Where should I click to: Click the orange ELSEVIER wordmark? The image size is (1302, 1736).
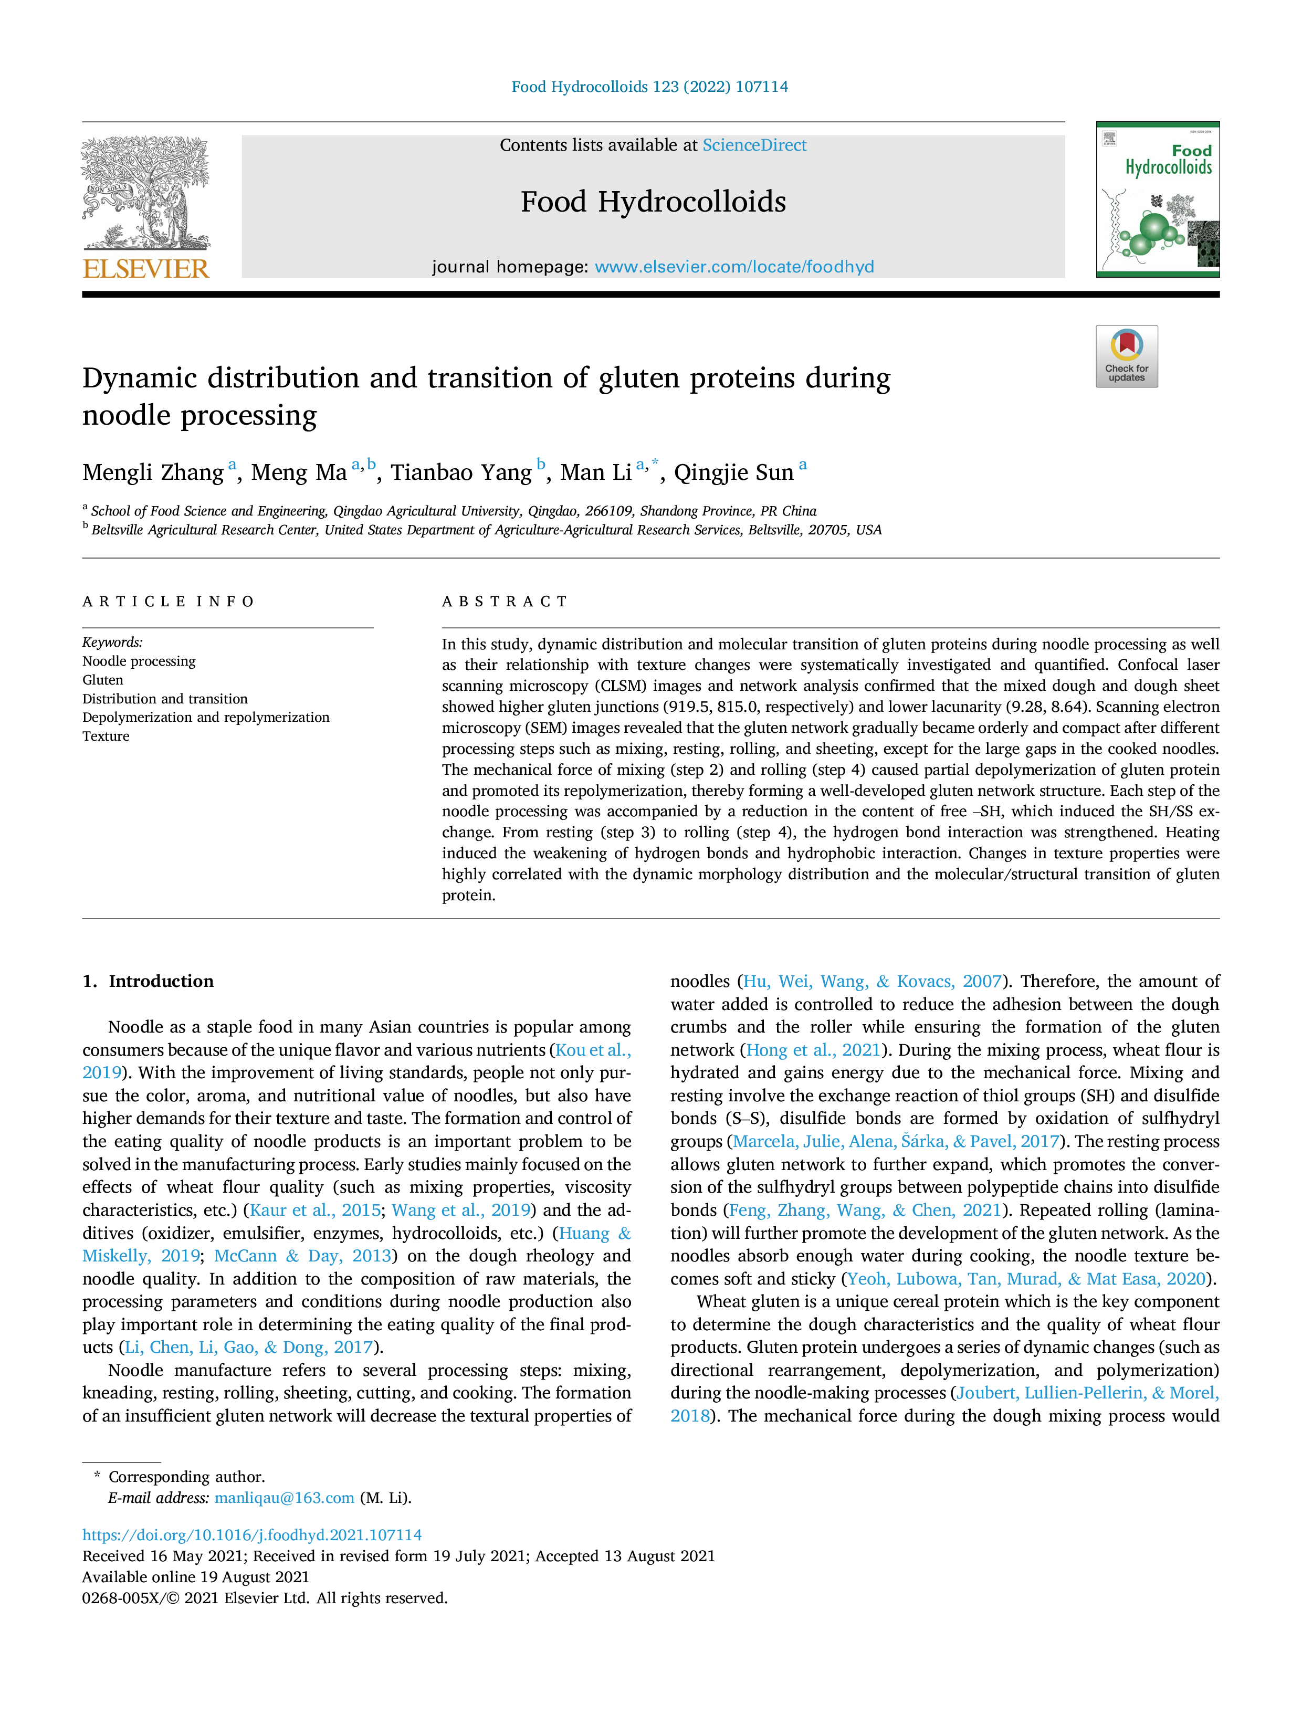[146, 269]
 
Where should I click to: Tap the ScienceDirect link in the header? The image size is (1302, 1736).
[754, 145]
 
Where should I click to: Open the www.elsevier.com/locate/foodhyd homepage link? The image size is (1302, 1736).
[734, 267]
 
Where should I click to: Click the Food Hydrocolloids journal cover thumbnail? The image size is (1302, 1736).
[1158, 199]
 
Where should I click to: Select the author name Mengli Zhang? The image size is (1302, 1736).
[153, 472]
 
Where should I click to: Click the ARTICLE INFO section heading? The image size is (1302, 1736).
[169, 602]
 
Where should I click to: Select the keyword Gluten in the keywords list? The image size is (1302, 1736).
[103, 680]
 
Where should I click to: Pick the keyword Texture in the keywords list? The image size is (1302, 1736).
[106, 736]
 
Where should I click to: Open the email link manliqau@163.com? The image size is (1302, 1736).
[284, 1498]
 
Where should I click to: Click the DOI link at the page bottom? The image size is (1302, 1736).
[252, 1534]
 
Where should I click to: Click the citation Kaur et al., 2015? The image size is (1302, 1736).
[314, 1210]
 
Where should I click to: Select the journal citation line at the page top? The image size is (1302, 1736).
[650, 86]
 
